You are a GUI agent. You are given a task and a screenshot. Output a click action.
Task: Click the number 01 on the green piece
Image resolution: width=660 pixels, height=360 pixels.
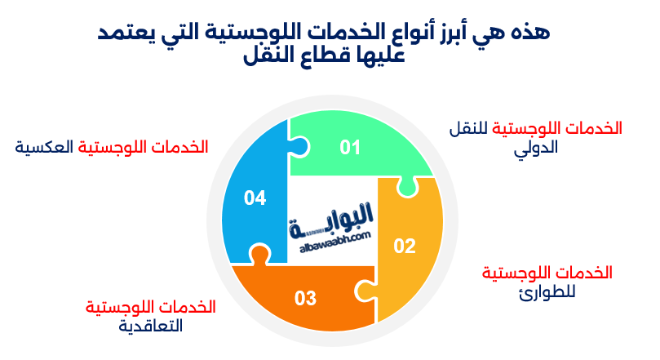[350, 147]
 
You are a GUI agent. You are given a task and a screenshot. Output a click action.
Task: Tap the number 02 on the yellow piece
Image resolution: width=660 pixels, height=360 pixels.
[405, 245]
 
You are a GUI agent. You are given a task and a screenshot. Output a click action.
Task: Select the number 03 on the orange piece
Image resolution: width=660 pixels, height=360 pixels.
[305, 298]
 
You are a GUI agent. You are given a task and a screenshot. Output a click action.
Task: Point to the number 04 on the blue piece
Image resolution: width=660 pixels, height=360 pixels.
[255, 198]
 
